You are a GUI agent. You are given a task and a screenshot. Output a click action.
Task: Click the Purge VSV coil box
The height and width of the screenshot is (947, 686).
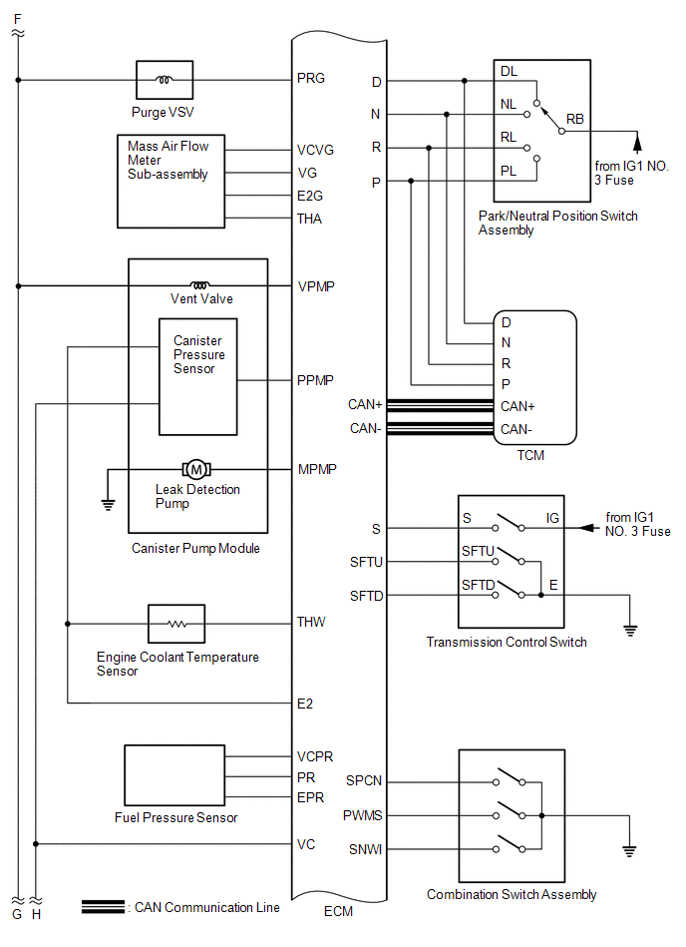[x=165, y=80]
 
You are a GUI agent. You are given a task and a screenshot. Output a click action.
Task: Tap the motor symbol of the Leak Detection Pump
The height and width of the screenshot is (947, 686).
[x=196, y=469]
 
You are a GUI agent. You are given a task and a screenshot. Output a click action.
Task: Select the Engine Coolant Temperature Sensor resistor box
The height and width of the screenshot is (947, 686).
[x=176, y=624]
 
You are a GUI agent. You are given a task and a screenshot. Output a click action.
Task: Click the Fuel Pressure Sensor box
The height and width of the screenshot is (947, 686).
[x=174, y=775]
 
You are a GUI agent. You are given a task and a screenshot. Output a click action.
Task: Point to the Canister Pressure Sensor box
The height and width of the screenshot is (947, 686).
[x=197, y=377]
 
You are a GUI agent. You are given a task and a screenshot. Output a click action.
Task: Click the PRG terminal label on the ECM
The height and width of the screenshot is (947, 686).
[x=311, y=79]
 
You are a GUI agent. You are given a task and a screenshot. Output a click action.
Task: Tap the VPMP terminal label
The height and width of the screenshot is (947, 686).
[x=316, y=286]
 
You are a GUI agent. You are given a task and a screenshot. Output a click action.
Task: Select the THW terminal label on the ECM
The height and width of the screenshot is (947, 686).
[x=311, y=622]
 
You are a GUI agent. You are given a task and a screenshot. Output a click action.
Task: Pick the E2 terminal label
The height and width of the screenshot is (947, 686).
[x=305, y=704]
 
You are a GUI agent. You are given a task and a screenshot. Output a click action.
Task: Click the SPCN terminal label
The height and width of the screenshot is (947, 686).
[x=364, y=781]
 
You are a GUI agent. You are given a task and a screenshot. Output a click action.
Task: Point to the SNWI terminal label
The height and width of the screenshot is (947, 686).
[x=365, y=850]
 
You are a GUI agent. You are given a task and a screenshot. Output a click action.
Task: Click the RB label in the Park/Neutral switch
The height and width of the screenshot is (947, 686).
[x=575, y=119]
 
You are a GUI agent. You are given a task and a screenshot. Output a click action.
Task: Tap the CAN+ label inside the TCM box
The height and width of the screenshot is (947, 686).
[x=517, y=406]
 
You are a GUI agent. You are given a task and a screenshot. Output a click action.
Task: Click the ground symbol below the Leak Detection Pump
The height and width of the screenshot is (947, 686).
[x=108, y=505]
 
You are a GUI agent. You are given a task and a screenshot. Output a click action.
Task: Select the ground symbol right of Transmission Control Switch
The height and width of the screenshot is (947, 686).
[x=630, y=631]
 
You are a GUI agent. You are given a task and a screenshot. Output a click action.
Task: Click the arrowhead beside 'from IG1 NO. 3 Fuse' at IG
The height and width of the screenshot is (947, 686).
[x=586, y=528]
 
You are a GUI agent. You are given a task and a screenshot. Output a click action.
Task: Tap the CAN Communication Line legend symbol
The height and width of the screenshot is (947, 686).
[x=103, y=906]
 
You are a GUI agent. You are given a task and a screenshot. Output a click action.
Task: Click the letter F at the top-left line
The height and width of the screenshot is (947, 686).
[x=18, y=19]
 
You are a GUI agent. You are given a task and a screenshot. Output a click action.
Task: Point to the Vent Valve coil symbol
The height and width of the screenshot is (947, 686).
[x=200, y=285]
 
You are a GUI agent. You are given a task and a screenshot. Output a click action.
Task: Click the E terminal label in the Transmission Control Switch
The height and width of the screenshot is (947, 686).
[x=553, y=585]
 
